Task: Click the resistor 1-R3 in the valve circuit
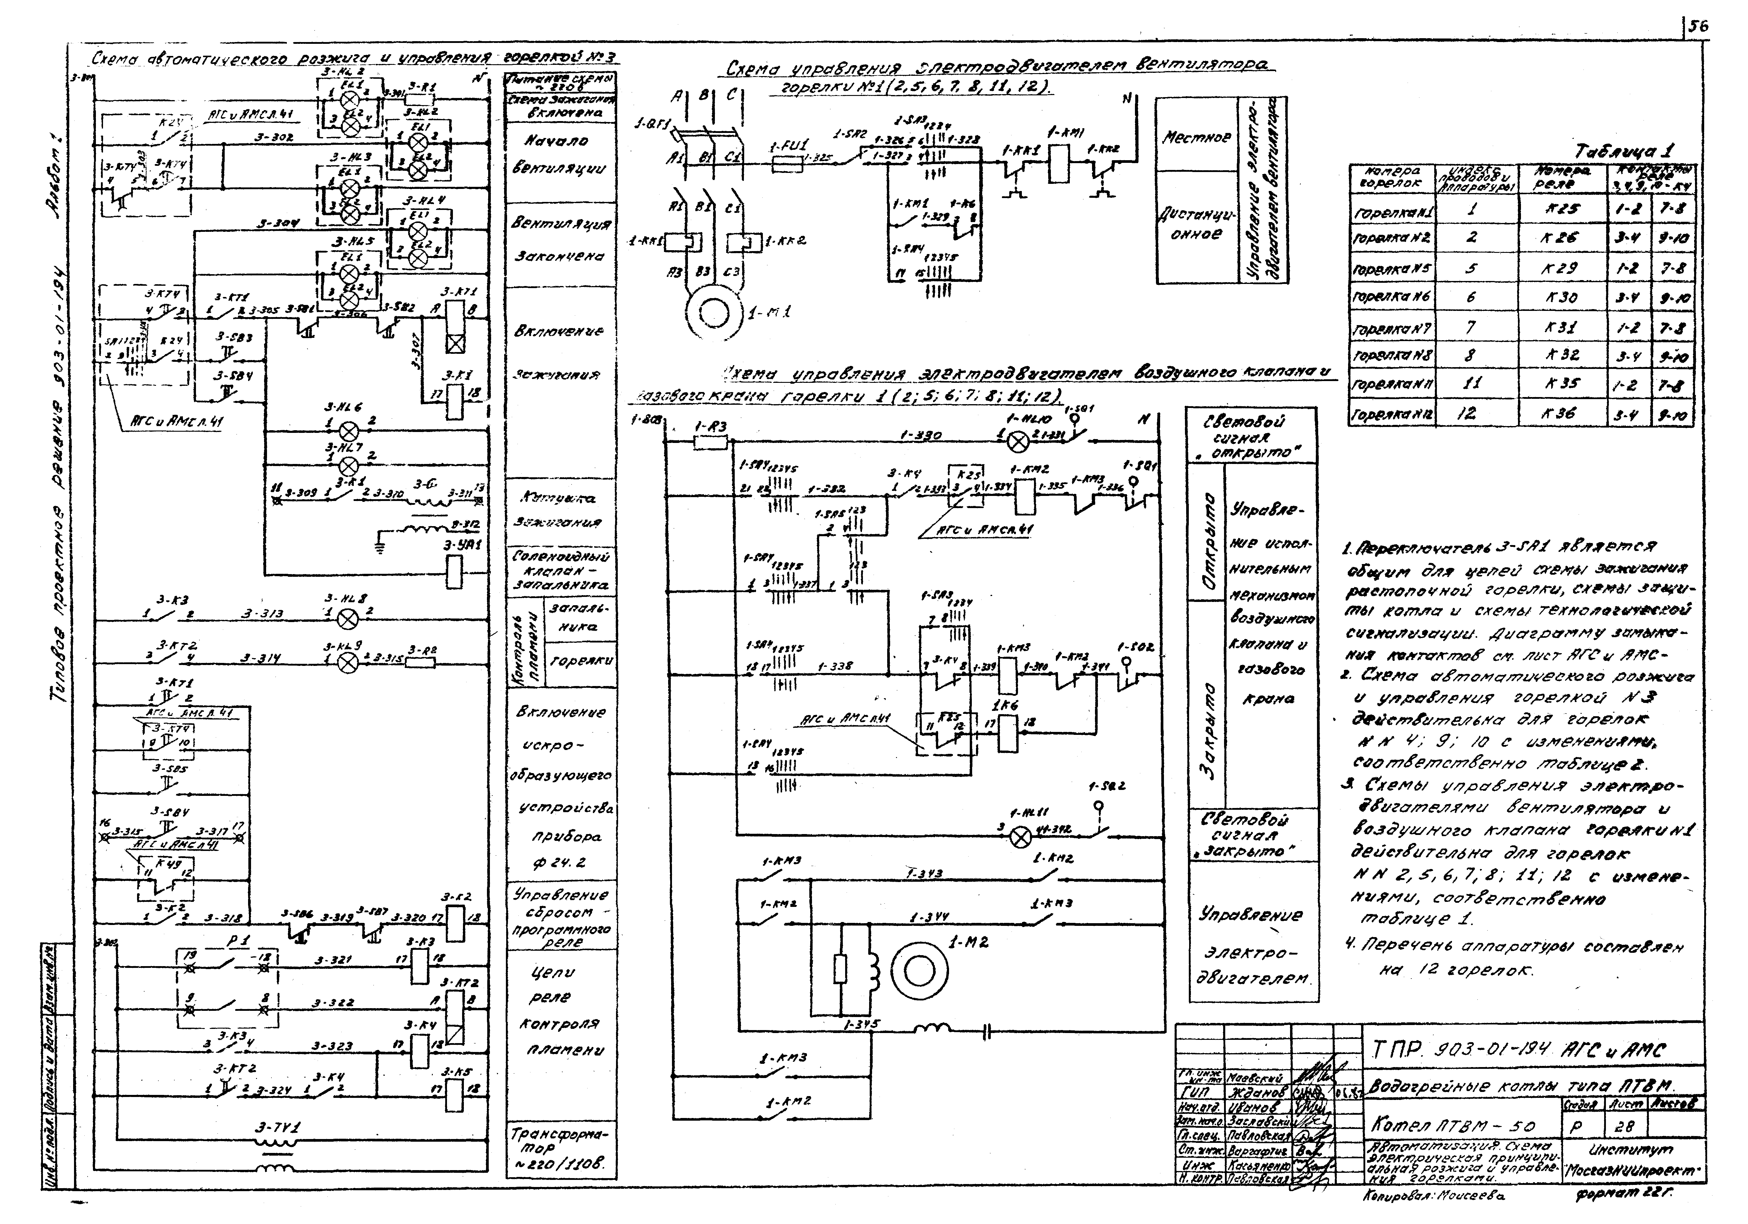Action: (x=710, y=442)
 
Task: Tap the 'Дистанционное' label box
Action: (x=1196, y=225)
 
